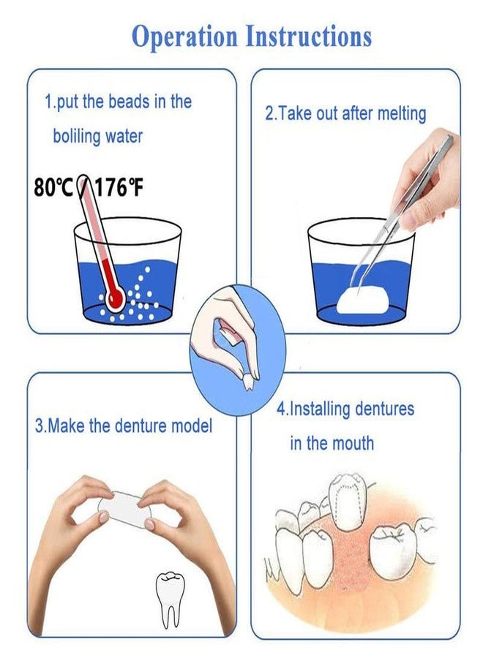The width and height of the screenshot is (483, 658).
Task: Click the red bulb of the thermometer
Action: (x=115, y=298)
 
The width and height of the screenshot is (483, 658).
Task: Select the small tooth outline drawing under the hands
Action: (x=171, y=596)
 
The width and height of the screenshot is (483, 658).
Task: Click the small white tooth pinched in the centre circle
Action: (x=247, y=380)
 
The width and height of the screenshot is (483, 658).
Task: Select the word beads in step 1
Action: (x=129, y=102)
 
